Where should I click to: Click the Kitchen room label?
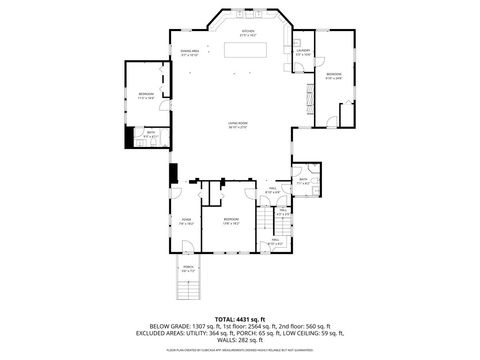tap(247, 32)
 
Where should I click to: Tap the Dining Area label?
tap(189, 52)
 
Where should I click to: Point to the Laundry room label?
tap(304, 51)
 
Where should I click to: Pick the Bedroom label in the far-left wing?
tap(146, 96)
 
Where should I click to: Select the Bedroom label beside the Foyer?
tap(231, 220)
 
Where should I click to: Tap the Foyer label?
tap(186, 222)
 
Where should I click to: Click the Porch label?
tap(187, 269)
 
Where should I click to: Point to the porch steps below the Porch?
tap(187, 289)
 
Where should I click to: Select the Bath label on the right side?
tap(303, 182)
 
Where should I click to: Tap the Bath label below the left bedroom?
tap(151, 133)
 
